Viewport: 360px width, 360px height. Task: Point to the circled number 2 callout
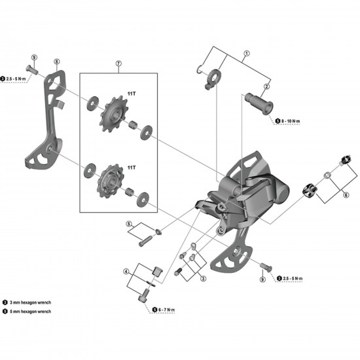(x=267, y=86)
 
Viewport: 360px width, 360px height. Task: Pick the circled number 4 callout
(x=125, y=270)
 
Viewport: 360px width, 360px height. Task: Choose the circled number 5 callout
(x=129, y=224)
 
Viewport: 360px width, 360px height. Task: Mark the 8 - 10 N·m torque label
(x=293, y=121)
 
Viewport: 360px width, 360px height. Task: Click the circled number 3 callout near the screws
(x=203, y=279)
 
